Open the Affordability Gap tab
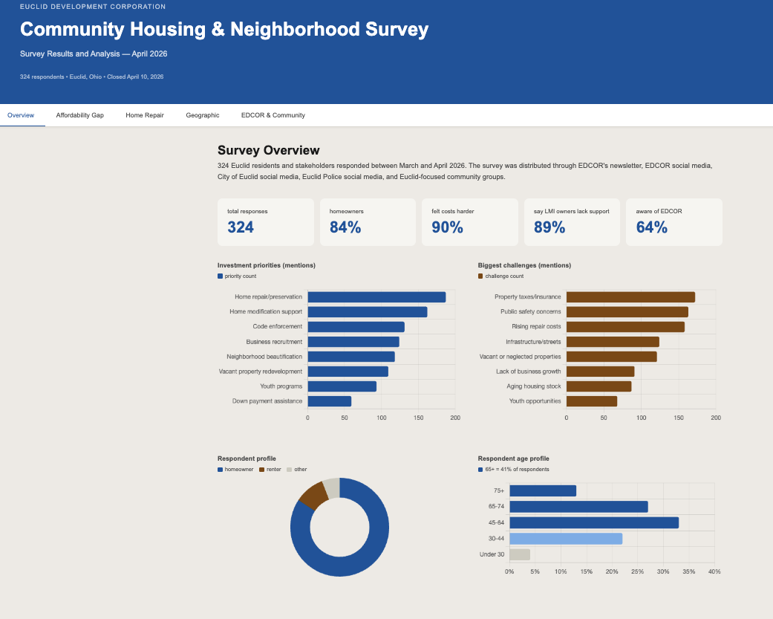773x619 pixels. tap(80, 115)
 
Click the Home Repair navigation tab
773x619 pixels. tap(145, 115)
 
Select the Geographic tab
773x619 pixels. tap(203, 115)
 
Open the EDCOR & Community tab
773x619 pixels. tap(273, 115)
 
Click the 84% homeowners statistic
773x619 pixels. tap(345, 227)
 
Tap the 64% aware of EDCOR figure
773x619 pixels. tap(652, 227)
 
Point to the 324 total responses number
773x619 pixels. tap(241, 227)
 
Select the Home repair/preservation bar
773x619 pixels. tap(376, 297)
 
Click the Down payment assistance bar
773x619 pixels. tap(329, 401)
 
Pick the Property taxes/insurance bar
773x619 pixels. tap(630, 297)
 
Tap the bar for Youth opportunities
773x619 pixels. tap(592, 401)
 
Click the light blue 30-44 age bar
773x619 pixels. tap(566, 539)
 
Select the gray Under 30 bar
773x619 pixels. tap(520, 554)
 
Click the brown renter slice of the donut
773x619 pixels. tap(313, 495)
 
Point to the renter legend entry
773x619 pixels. tap(270, 470)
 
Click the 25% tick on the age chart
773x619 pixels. tap(637, 571)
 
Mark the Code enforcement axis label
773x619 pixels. tap(278, 326)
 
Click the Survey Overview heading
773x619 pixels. tap(269, 150)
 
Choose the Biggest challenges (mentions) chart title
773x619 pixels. tap(524, 265)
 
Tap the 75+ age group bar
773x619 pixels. tap(543, 490)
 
